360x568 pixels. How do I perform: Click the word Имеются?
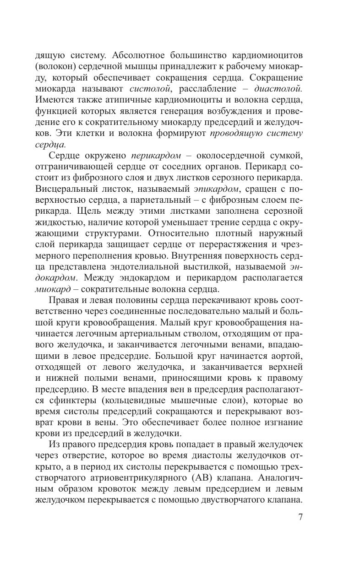pyautogui.click(x=53, y=100)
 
